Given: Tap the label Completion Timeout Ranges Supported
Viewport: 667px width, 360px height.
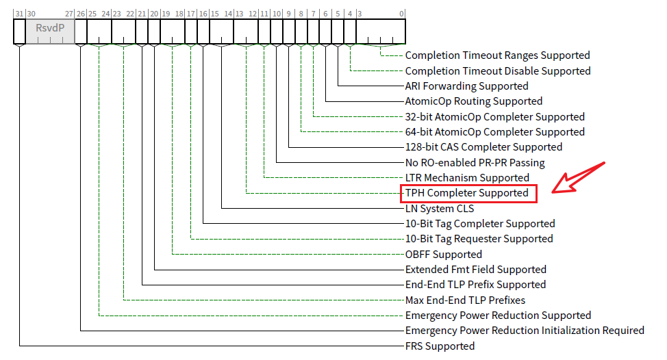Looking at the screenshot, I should pos(497,55).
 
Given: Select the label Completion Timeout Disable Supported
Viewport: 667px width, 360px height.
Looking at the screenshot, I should pos(497,71).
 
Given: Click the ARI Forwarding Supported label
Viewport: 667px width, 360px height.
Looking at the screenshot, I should pos(466,86).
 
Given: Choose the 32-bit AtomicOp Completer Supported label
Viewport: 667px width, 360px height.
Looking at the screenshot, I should pos(494,117).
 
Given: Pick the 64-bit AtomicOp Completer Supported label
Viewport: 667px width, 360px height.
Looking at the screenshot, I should pos(494,132).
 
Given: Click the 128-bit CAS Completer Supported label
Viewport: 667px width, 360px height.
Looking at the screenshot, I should pos(483,147).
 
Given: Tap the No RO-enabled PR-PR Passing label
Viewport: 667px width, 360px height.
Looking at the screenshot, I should pos(475,163).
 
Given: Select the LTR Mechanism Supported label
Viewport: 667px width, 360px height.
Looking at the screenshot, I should pos(467,178).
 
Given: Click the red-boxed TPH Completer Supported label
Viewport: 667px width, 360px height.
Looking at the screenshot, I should pos(467,193).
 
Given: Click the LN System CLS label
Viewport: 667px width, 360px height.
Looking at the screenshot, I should pos(439,209).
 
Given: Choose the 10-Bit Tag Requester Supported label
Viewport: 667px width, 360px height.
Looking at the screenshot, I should pos(479,239).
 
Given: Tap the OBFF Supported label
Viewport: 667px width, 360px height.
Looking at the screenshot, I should pos(443,255).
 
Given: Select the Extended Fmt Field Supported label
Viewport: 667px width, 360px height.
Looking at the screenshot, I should pos(475,270).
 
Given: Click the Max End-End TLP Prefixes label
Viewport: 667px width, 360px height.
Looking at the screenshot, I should pos(465,300).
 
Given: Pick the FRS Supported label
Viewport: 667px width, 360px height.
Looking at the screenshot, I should pos(440,346).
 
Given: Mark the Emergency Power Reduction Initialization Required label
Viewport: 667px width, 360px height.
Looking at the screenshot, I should pos(525,331).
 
